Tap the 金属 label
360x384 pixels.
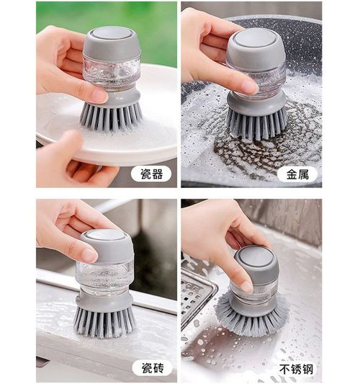tap(297, 174)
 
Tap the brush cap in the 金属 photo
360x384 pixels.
tap(255, 45)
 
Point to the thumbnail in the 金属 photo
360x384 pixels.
tap(248, 86)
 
